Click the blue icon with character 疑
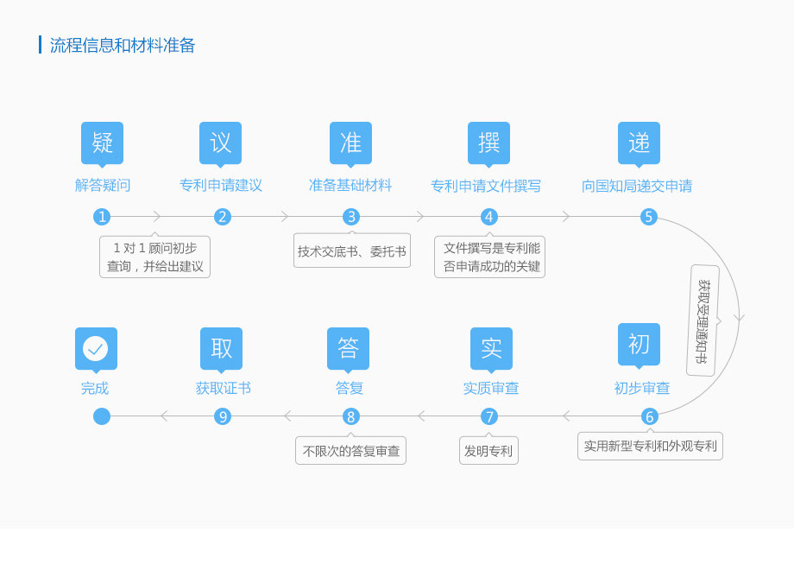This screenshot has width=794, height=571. click(x=103, y=144)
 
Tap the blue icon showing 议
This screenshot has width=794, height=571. click(x=220, y=144)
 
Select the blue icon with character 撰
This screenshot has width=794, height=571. click(x=488, y=144)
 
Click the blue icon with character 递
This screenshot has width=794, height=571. click(x=639, y=144)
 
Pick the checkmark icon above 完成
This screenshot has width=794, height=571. click(x=96, y=350)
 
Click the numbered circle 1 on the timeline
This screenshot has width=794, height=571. click(x=102, y=217)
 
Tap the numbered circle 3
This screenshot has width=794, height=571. click(x=351, y=217)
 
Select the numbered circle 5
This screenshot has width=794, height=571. click(x=649, y=217)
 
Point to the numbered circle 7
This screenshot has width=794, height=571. click(x=489, y=416)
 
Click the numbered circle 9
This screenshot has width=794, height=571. click(x=223, y=416)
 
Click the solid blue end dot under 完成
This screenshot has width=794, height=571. click(x=102, y=416)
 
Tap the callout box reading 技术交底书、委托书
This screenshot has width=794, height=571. click(x=352, y=251)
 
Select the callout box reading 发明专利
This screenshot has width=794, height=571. click(x=488, y=450)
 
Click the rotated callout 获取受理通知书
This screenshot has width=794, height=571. click(x=703, y=320)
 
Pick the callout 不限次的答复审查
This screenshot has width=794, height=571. click(x=351, y=450)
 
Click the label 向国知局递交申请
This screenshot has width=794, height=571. click(x=637, y=186)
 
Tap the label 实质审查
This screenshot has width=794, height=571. click(x=491, y=388)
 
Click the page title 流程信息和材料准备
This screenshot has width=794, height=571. click(x=122, y=45)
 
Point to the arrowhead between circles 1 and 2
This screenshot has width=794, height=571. click(x=157, y=217)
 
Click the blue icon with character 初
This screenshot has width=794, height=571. click(x=639, y=345)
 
